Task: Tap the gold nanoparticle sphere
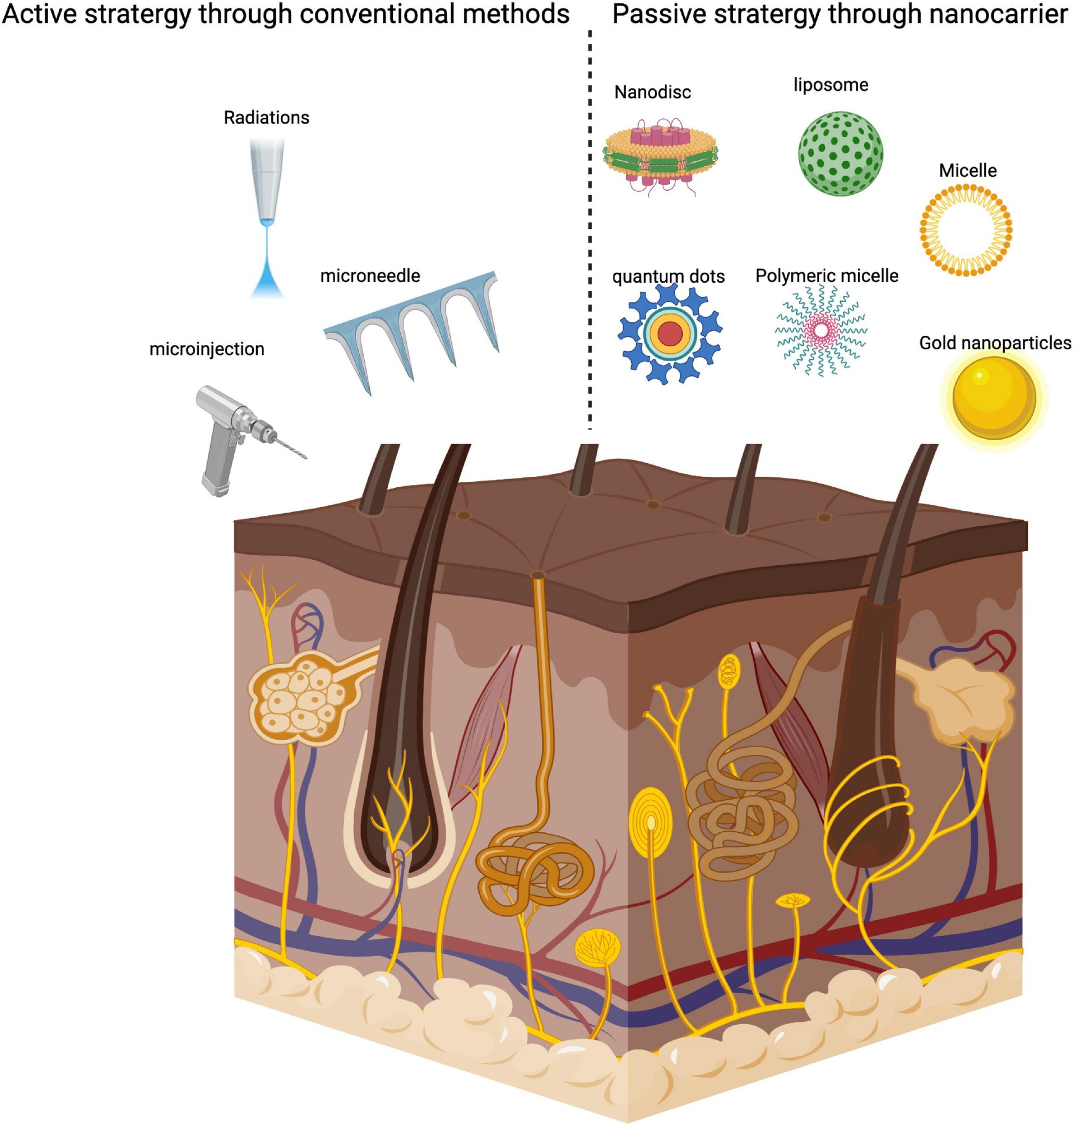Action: tap(994, 397)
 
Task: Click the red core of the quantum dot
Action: tap(669, 334)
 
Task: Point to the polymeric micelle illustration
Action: tap(822, 331)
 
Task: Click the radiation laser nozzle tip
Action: tap(267, 221)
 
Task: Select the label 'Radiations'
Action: tap(266, 118)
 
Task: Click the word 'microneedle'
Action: tap(370, 276)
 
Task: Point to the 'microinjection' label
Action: tap(206, 349)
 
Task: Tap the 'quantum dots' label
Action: tap(668, 276)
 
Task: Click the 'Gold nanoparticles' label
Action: tap(995, 343)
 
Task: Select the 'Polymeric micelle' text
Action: tap(827, 276)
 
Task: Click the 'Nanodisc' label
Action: tap(652, 92)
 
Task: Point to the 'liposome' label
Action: tap(831, 85)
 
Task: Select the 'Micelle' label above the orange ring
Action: tap(968, 170)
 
